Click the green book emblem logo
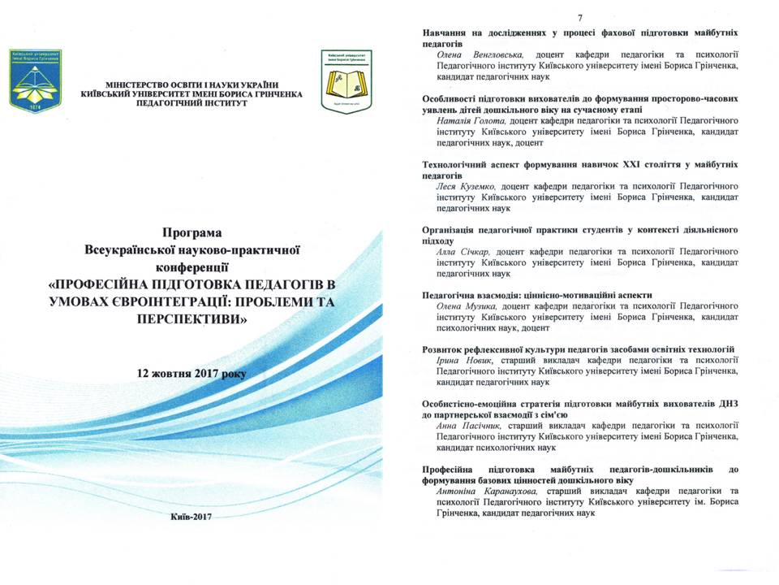346,80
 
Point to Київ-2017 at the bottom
192,518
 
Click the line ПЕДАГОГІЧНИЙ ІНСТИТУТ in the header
192,104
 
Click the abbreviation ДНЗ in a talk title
727,403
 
